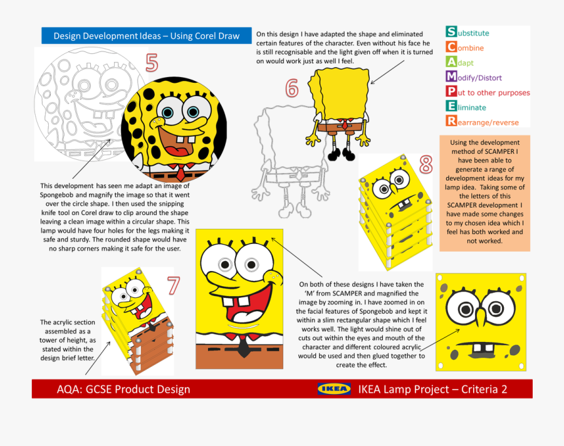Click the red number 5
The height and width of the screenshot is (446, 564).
pyautogui.click(x=152, y=63)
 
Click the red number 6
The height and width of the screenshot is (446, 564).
pyautogui.click(x=291, y=89)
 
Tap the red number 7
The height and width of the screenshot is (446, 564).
pyautogui.click(x=172, y=285)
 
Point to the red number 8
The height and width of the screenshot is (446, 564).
pyautogui.click(x=426, y=165)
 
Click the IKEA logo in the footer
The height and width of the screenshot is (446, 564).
pyautogui.click(x=334, y=389)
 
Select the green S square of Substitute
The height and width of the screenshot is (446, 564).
pyautogui.click(x=451, y=32)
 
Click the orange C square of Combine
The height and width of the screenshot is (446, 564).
pyautogui.click(x=451, y=47)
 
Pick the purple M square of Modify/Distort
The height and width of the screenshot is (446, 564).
pyautogui.click(x=451, y=77)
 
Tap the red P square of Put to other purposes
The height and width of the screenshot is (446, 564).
pyautogui.click(x=451, y=92)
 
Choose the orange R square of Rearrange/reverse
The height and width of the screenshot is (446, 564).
pyautogui.click(x=451, y=122)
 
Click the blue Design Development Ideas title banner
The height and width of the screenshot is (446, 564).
pyautogui.click(x=146, y=36)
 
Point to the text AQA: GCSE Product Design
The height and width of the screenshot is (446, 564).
pyautogui.click(x=123, y=390)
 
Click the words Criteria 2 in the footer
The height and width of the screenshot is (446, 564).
pyautogui.click(x=484, y=390)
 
